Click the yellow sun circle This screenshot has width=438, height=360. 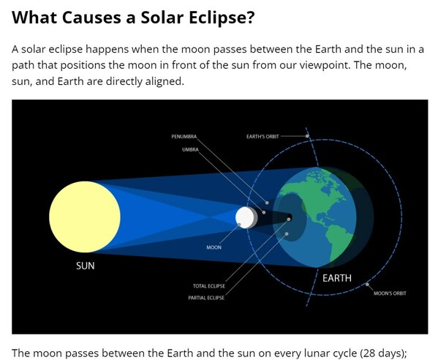[85, 217]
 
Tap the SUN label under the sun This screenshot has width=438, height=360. [86, 266]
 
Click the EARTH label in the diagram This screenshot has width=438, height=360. [336, 278]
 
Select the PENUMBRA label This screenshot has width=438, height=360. [184, 137]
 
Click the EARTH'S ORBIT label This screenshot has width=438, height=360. [263, 137]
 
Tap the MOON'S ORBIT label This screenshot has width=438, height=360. [389, 293]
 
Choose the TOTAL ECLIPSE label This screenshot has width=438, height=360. [208, 285]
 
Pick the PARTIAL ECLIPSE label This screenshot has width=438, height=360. [206, 298]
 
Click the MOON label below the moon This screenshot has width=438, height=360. [214, 247]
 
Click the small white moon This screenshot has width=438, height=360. [244, 217]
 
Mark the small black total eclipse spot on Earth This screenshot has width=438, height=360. [290, 218]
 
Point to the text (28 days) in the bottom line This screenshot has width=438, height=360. [374, 353]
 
